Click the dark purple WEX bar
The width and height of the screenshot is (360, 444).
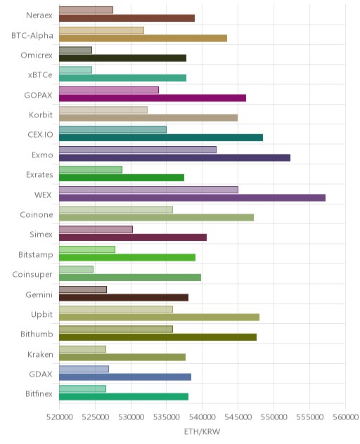192,197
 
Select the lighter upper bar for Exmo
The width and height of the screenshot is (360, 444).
138,150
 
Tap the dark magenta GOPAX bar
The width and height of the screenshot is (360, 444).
153,98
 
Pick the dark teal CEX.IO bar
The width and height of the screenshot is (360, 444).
161,138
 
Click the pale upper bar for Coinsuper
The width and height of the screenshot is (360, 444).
76,269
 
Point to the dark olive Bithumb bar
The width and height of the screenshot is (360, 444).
158,337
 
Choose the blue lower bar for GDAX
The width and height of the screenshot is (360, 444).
125,377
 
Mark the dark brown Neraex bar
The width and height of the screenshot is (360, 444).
127,18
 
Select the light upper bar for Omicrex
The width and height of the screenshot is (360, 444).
76,50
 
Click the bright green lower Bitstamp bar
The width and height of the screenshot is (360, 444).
127,257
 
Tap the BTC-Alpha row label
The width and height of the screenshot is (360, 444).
32,36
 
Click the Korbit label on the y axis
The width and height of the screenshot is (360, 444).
41,115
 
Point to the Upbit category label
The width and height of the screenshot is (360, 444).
42,315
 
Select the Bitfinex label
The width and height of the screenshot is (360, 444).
39,394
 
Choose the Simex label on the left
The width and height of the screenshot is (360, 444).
41,235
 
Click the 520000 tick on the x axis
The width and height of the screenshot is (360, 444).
60,417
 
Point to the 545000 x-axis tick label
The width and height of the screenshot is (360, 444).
238,417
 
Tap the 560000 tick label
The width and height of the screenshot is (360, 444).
345,417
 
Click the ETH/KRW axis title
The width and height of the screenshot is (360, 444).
202,431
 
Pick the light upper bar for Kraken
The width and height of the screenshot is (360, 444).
82,349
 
